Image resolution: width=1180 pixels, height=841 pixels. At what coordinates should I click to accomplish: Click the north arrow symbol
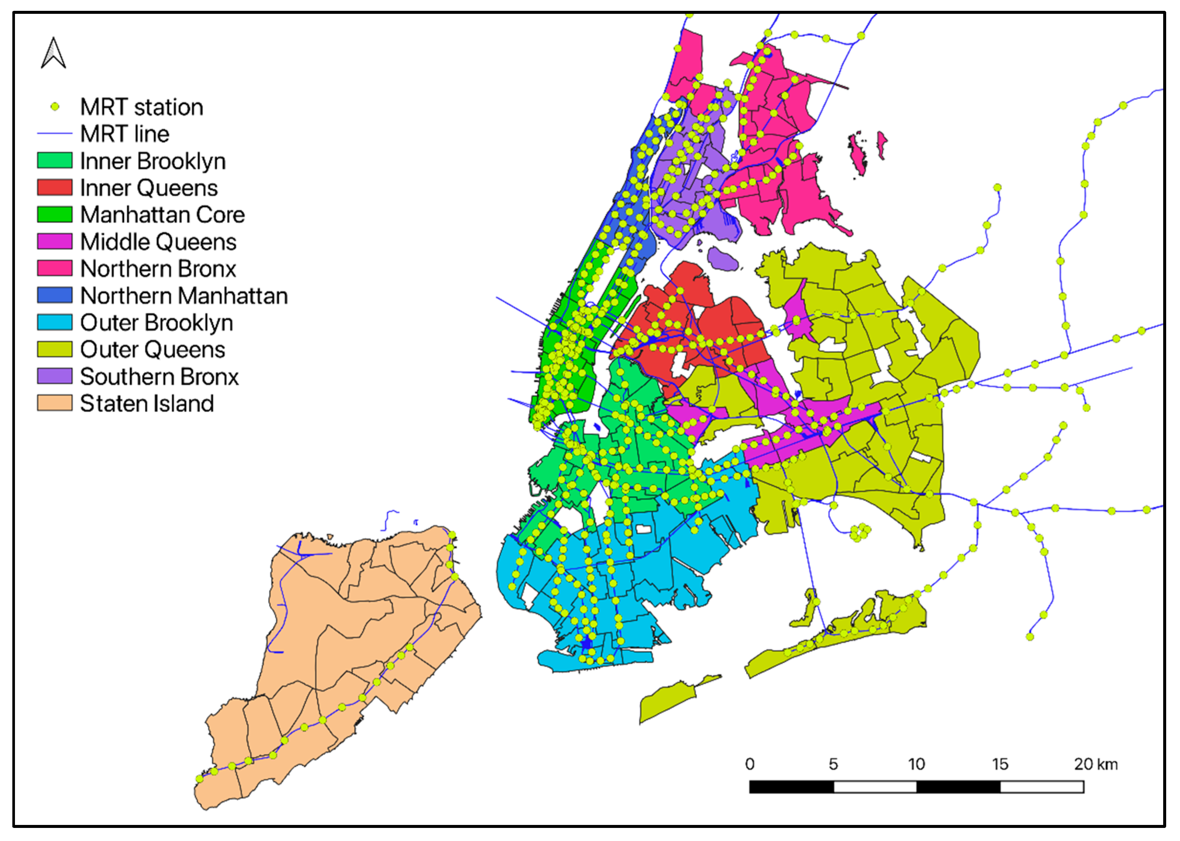pos(53,53)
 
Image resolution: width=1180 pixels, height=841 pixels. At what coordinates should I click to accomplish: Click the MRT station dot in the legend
pos(55,107)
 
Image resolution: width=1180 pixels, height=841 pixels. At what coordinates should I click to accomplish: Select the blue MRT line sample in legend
pos(55,134)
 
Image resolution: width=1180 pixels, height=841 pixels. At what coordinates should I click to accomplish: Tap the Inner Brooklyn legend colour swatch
pos(55,161)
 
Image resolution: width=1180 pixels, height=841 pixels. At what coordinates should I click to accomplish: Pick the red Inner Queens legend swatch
pos(55,188)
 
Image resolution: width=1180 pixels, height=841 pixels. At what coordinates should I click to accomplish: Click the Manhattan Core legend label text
pos(162,215)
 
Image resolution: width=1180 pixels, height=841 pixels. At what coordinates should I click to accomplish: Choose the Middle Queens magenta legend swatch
pos(55,241)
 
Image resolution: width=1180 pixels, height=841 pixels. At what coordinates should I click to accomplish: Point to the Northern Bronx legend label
pos(158,269)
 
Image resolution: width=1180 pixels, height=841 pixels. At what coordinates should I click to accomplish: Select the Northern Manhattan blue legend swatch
pos(55,295)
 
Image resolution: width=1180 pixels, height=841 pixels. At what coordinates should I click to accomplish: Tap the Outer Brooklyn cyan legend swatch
pos(55,322)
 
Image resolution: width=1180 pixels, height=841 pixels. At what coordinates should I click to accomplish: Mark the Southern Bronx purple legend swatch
pos(55,376)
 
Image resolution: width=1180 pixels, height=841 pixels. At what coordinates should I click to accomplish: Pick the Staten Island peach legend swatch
pos(55,403)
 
